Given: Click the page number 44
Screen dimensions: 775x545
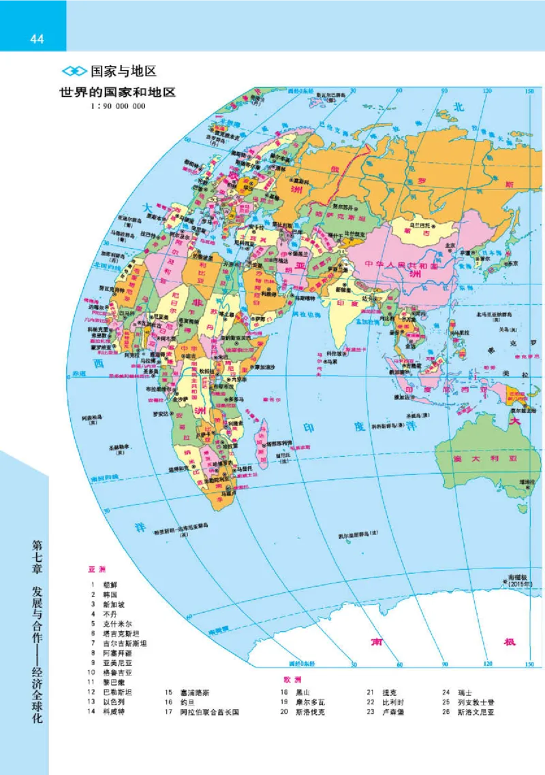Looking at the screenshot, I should (x=36, y=39).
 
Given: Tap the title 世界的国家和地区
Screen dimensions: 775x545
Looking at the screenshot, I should (x=116, y=93).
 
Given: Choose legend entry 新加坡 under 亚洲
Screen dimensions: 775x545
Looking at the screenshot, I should (x=114, y=604).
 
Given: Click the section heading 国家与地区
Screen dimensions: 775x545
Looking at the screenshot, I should (x=124, y=70).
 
